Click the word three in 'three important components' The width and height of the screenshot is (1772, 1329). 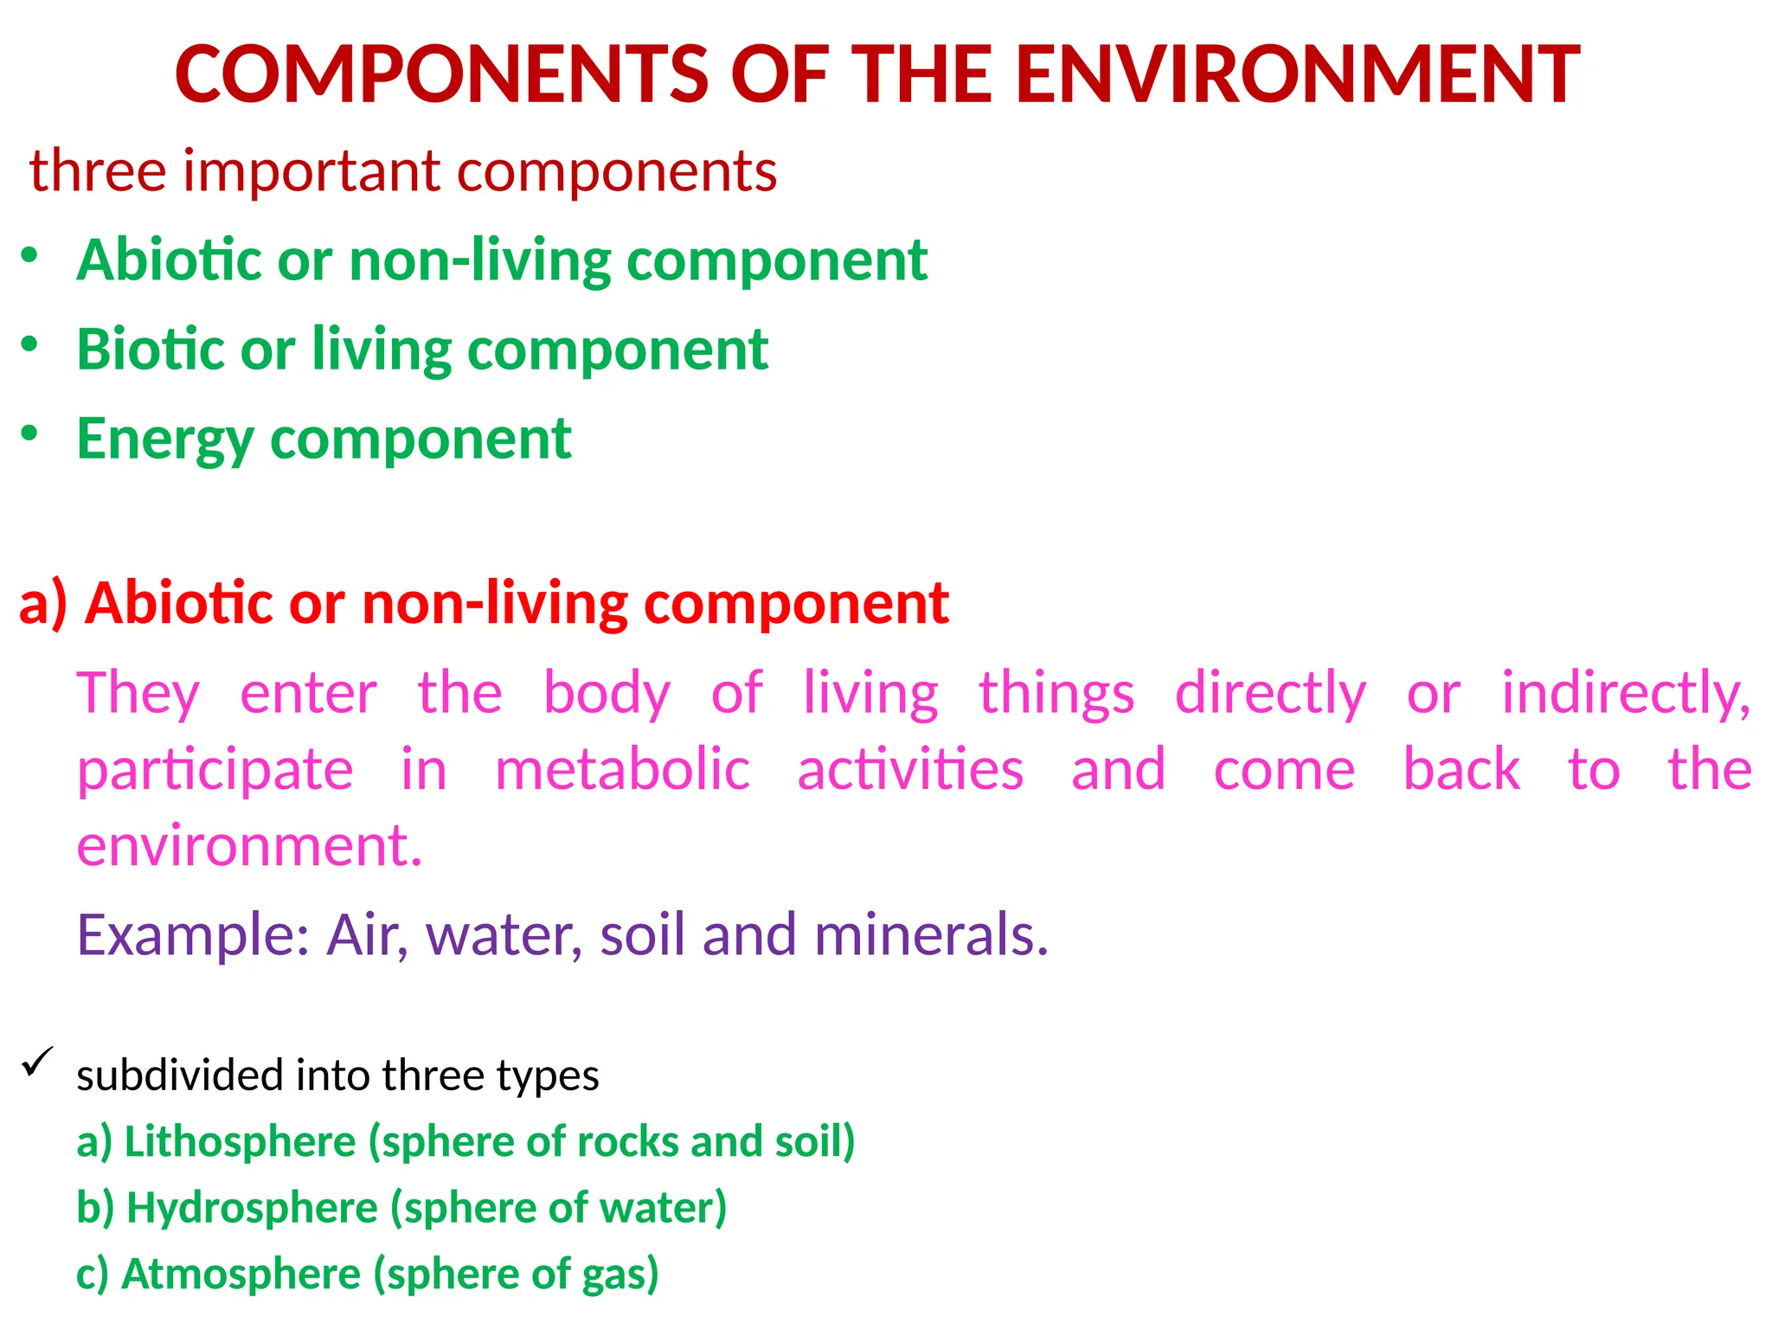(97, 170)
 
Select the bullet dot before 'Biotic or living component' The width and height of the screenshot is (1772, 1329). (30, 344)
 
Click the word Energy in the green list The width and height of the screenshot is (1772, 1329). (164, 440)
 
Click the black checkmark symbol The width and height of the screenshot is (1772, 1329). (37, 1062)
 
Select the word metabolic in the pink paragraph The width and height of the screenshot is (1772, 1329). (622, 769)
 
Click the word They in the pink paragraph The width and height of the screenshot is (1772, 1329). (138, 693)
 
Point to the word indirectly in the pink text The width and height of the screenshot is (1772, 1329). (1625, 693)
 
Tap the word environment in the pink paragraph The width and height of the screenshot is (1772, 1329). (248, 845)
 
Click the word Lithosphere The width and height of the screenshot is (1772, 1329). (240, 1141)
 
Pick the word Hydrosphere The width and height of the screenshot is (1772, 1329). (252, 1208)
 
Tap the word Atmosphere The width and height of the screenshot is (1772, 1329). (241, 1274)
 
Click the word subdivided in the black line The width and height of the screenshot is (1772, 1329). (179, 1075)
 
